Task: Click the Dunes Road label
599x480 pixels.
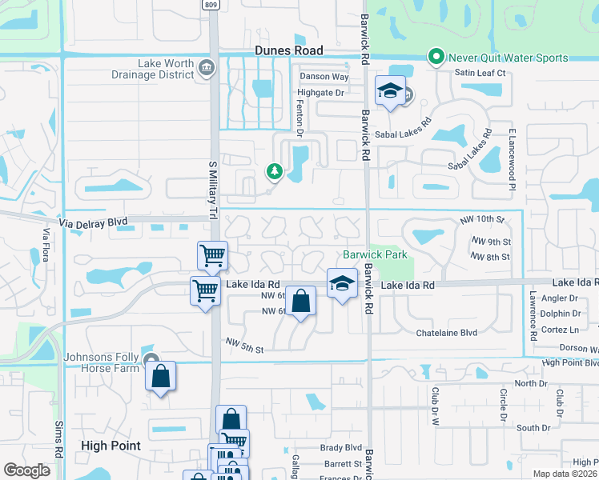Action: click(288, 50)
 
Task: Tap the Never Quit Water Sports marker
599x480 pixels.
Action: click(436, 58)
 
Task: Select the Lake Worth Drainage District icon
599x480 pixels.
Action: click(207, 66)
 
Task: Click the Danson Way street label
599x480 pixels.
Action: click(324, 77)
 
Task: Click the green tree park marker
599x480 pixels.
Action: click(274, 170)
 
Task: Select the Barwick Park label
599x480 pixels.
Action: click(376, 255)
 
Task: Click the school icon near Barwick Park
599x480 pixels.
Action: click(342, 282)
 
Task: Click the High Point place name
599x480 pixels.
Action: click(111, 446)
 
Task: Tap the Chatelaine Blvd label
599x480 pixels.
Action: click(446, 332)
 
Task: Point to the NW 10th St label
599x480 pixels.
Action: click(484, 219)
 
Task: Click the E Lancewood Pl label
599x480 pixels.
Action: click(510, 158)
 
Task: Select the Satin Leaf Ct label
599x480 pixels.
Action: click(480, 73)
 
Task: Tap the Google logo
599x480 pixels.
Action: click(27, 470)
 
